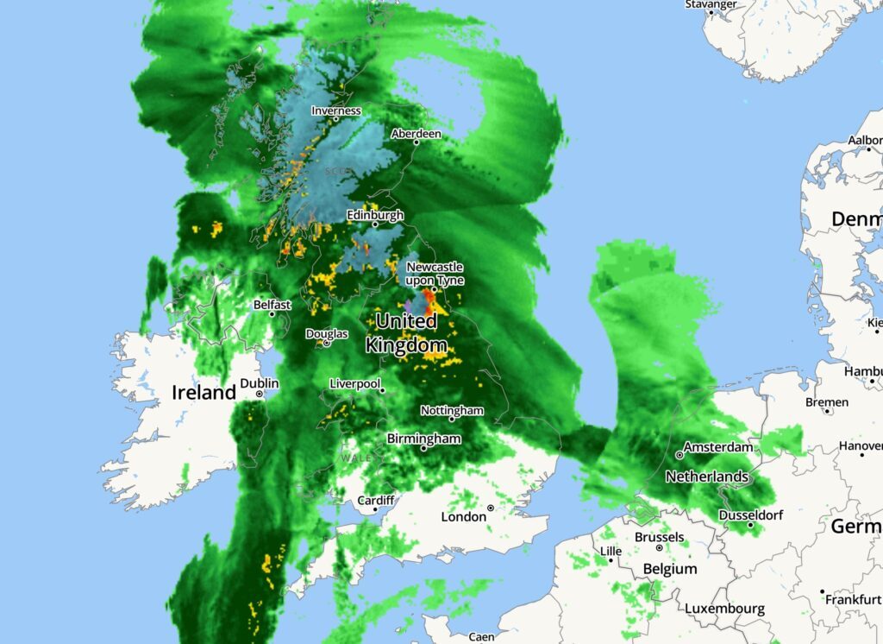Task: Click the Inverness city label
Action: pyautogui.click(x=335, y=110)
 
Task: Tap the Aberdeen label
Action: pyautogui.click(x=416, y=134)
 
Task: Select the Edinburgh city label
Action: pyautogui.click(x=374, y=214)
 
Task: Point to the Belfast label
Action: pyautogui.click(x=272, y=305)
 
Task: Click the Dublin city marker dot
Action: pyautogui.click(x=260, y=394)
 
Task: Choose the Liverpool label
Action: pyautogui.click(x=354, y=383)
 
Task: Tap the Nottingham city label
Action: pyautogui.click(x=452, y=411)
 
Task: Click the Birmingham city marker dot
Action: pyautogui.click(x=423, y=448)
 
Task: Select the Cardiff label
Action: pyautogui.click(x=376, y=501)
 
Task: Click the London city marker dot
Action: pyautogui.click(x=491, y=508)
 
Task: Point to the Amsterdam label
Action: pyautogui.click(x=717, y=448)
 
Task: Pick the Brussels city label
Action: pyautogui.click(x=659, y=537)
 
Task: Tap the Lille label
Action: pyautogui.click(x=611, y=551)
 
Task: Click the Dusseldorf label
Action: pyautogui.click(x=749, y=515)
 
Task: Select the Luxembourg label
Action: pyautogui.click(x=724, y=609)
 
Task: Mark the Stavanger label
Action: pyautogui.click(x=711, y=4)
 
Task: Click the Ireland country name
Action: pyautogui.click(x=204, y=392)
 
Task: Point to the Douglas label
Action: pyautogui.click(x=327, y=334)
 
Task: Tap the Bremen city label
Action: pyautogui.click(x=826, y=402)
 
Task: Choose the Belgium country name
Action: pyautogui.click(x=670, y=569)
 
